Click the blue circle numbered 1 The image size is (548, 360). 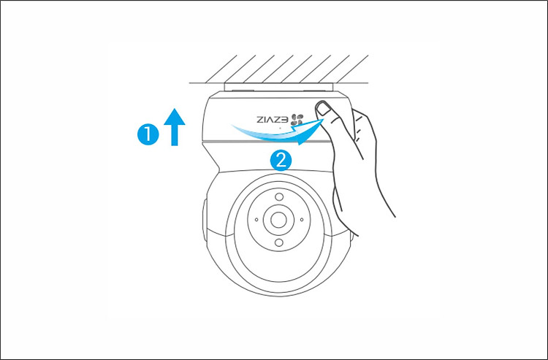(x=148, y=134)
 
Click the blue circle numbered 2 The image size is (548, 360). (x=281, y=161)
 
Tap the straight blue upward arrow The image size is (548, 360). (x=175, y=127)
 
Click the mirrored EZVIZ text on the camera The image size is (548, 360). (x=273, y=120)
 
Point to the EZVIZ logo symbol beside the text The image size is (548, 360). (x=297, y=120)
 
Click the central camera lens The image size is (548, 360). (x=278, y=220)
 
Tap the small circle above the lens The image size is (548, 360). (x=279, y=197)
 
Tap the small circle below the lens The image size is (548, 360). (x=279, y=242)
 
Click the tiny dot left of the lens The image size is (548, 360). (x=256, y=220)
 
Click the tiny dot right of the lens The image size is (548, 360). (x=302, y=220)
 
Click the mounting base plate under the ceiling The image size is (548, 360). (x=278, y=88)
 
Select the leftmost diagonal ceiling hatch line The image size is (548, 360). (x=221, y=69)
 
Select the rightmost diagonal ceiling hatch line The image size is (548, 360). (x=352, y=69)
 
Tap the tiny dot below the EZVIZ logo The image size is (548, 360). (x=280, y=128)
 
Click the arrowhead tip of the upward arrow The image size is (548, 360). (x=175, y=109)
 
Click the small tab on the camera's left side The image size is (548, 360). (x=204, y=220)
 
